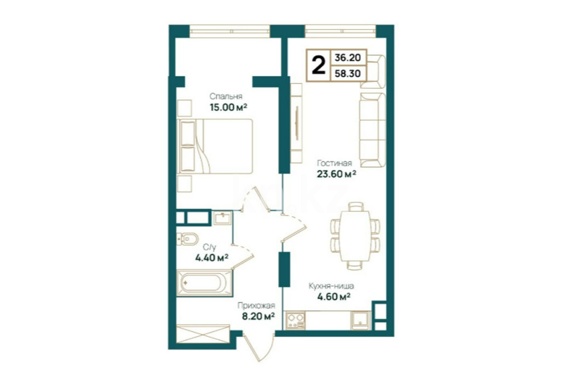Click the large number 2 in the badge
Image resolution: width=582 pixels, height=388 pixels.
[x=319, y=65]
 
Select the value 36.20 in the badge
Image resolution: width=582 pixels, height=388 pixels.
[x=348, y=58]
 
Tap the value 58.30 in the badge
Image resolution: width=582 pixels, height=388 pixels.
[x=348, y=73]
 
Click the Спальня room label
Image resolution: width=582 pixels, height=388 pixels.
[x=226, y=96]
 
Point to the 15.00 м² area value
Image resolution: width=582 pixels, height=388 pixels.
[x=228, y=108]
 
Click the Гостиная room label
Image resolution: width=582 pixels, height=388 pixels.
[x=334, y=163]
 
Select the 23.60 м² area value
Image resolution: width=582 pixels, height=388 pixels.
[x=336, y=173]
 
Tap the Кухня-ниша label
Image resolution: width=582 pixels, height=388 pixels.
[x=331, y=286]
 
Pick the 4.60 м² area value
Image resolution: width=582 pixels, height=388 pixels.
[x=334, y=297]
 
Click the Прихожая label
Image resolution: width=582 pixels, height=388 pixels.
[x=256, y=306]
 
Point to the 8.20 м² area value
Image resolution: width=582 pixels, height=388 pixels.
[x=258, y=316]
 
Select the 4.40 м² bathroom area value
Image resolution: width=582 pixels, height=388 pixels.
[x=211, y=257]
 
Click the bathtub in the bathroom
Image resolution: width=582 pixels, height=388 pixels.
[x=205, y=283]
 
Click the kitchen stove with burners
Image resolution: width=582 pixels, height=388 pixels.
[x=296, y=321]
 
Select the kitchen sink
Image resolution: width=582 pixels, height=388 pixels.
[x=360, y=321]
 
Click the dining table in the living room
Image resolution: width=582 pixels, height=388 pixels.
[x=355, y=236]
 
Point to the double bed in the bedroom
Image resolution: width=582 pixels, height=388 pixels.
[x=215, y=146]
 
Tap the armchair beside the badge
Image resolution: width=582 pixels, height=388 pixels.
[x=373, y=72]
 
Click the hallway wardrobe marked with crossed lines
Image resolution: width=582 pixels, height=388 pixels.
[x=203, y=334]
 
